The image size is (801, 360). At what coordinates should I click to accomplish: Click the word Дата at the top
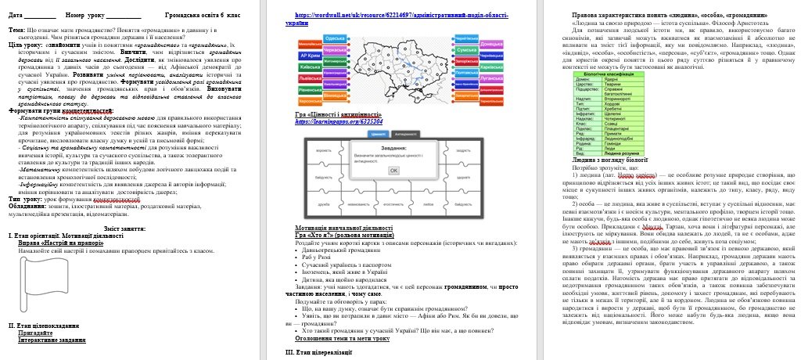click(x=16, y=15)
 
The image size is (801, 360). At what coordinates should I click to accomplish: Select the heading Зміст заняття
click(x=133, y=229)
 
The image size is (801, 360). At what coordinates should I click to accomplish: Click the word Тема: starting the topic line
click(x=16, y=29)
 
